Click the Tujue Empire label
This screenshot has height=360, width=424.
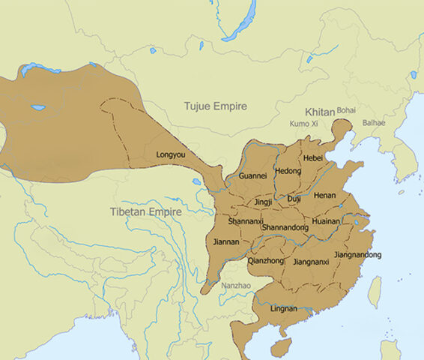pyautogui.click(x=215, y=106)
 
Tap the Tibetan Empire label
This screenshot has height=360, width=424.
pyautogui.click(x=145, y=212)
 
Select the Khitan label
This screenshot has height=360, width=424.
pyautogui.click(x=320, y=112)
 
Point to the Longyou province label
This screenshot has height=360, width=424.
pyautogui.click(x=170, y=155)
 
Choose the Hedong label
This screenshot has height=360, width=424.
pyautogui.click(x=288, y=171)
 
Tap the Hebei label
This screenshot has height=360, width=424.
pyautogui.click(x=314, y=158)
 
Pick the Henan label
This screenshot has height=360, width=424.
pyautogui.click(x=325, y=195)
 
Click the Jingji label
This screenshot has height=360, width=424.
pyautogui.click(x=263, y=202)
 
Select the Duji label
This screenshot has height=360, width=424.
pyautogui.click(x=294, y=199)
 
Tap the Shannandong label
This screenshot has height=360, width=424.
pyautogui.click(x=285, y=226)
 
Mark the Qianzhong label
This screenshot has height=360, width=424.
pyautogui.click(x=265, y=261)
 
